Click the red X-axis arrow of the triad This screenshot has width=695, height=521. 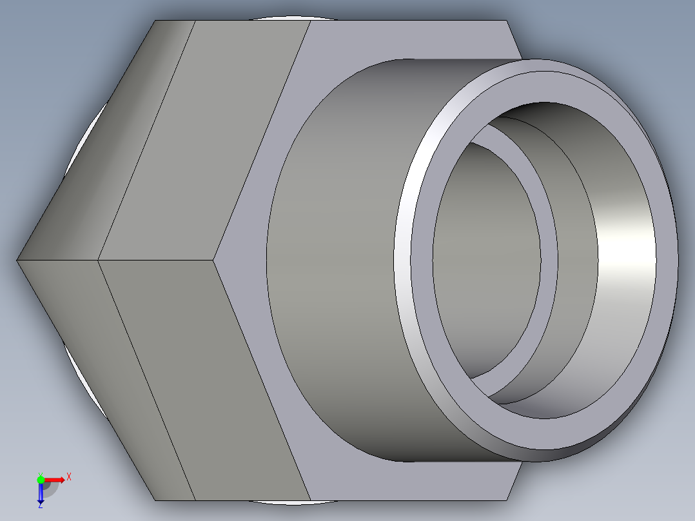tap(57, 479)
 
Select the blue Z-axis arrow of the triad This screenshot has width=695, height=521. tap(40, 493)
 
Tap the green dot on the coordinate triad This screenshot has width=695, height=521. tap(41, 479)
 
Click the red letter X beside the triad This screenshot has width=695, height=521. tap(68, 477)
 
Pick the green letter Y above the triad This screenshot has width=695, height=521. tap(39, 472)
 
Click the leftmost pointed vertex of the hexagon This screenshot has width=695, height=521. tap(17, 260)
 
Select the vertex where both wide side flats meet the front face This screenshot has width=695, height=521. tap(213, 260)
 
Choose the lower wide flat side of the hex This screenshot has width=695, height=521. tap(206, 380)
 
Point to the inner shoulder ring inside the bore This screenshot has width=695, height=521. tap(548, 258)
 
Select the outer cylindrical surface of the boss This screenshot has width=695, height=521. tap(335, 258)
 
